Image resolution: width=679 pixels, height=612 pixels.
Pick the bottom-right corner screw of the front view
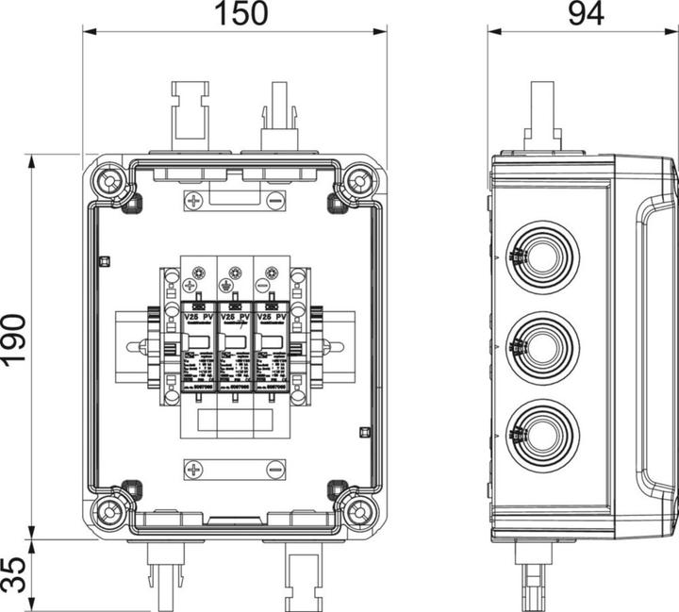(x=359, y=512)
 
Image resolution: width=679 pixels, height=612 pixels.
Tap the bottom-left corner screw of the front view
(x=109, y=512)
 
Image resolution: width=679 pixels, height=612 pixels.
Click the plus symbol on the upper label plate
(x=194, y=201)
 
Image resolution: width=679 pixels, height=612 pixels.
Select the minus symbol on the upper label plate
(x=274, y=201)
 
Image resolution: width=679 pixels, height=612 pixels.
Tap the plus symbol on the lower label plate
(x=194, y=469)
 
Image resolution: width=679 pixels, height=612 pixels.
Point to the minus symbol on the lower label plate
(x=274, y=469)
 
